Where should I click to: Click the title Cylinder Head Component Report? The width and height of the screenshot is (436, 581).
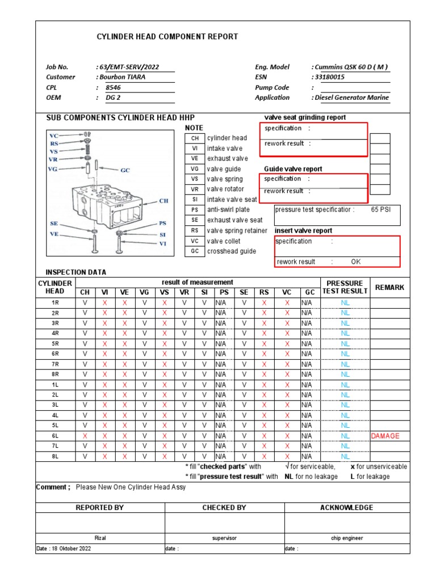click(167, 37)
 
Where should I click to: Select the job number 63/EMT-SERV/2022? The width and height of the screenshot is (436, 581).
click(129, 67)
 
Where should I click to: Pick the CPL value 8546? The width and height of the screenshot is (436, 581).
click(114, 87)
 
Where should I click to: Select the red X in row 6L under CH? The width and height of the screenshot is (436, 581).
click(85, 436)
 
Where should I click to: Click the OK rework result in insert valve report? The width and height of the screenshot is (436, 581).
click(355, 262)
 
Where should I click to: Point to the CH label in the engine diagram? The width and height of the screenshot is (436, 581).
click(163, 200)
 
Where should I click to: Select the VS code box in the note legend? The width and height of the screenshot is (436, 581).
click(194, 179)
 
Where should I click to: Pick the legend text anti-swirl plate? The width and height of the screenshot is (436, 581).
click(228, 209)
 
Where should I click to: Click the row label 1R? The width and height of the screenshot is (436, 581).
click(55, 303)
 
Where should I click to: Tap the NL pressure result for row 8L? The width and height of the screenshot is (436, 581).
click(345, 456)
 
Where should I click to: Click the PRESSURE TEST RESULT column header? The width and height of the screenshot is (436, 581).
click(345, 287)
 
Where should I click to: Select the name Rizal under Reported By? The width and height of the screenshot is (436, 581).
click(100, 538)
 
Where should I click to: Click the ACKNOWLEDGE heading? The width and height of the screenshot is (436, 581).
click(346, 508)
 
